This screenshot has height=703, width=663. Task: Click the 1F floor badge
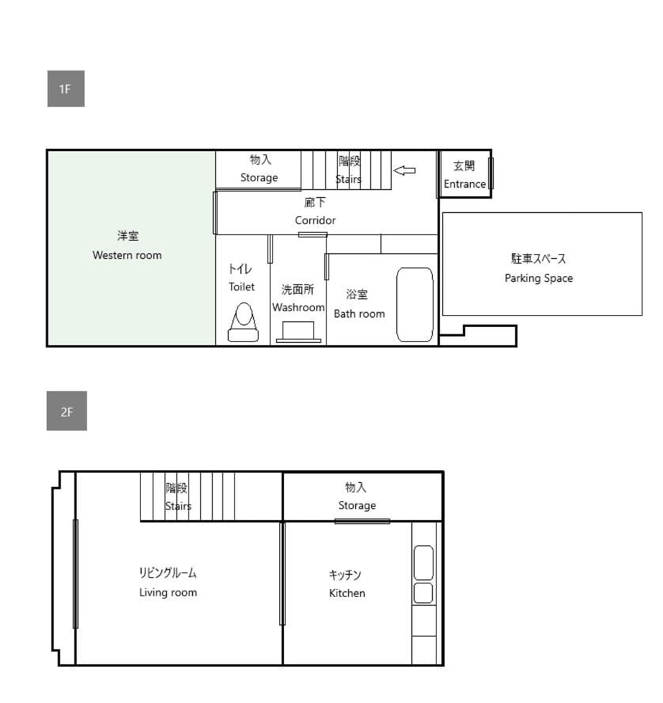click(66, 89)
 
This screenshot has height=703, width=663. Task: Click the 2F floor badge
click(66, 411)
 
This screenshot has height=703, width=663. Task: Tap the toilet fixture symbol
click(243, 322)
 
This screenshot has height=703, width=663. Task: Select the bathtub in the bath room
click(415, 305)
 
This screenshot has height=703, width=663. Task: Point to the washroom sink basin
click(298, 332)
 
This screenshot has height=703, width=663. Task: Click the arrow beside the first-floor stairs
click(404, 170)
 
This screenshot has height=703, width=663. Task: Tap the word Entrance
click(464, 184)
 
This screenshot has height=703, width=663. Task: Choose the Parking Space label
click(539, 278)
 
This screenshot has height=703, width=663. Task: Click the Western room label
click(127, 255)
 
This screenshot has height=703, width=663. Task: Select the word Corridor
click(315, 220)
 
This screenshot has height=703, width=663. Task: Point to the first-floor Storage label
click(259, 177)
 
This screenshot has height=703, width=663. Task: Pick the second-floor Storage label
click(357, 505)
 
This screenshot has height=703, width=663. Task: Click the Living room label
click(168, 592)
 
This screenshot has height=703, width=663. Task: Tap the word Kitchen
click(347, 593)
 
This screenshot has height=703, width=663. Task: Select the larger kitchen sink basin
click(423, 563)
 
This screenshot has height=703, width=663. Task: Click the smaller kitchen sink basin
click(423, 593)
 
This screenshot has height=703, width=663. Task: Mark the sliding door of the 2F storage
click(362, 521)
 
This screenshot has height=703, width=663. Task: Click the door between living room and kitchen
click(282, 573)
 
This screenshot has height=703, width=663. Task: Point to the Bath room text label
click(359, 313)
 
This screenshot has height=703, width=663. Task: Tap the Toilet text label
click(241, 287)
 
